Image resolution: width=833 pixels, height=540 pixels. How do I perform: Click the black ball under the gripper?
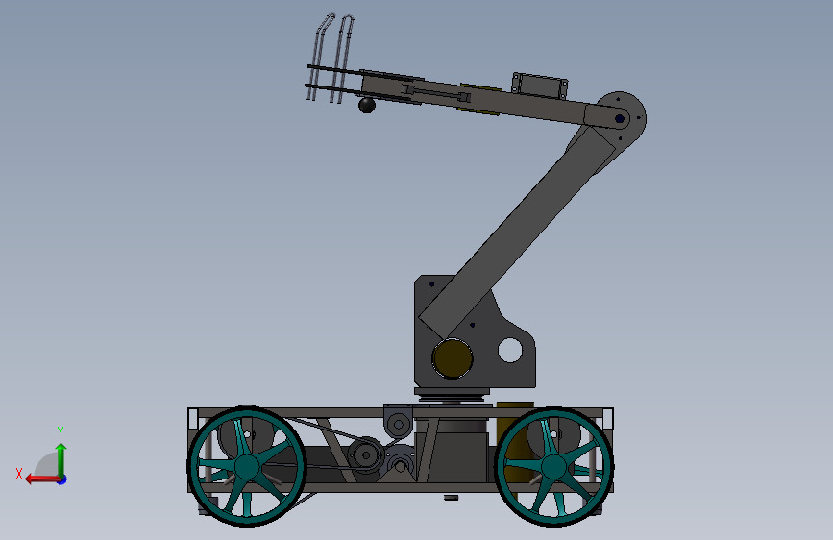click(x=367, y=105)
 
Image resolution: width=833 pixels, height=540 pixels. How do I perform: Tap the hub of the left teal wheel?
click(x=247, y=467)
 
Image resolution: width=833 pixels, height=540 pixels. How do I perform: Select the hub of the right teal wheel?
click(x=553, y=467)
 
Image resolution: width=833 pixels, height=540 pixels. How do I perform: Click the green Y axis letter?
click(x=61, y=431)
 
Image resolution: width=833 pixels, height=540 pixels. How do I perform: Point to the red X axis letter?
click(x=19, y=474)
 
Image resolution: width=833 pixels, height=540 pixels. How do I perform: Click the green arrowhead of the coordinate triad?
click(x=61, y=449)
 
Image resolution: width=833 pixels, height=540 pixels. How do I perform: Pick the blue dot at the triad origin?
click(x=62, y=479)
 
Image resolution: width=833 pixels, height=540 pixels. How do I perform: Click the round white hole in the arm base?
click(x=510, y=351)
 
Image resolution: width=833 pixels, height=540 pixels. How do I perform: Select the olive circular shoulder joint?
click(x=453, y=358)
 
